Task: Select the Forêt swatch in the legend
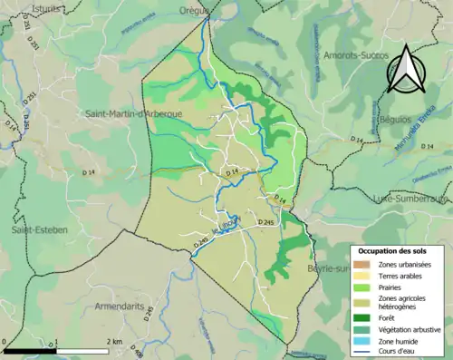point(362,316)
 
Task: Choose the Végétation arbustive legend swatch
point(362,328)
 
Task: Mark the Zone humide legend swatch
point(362,340)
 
